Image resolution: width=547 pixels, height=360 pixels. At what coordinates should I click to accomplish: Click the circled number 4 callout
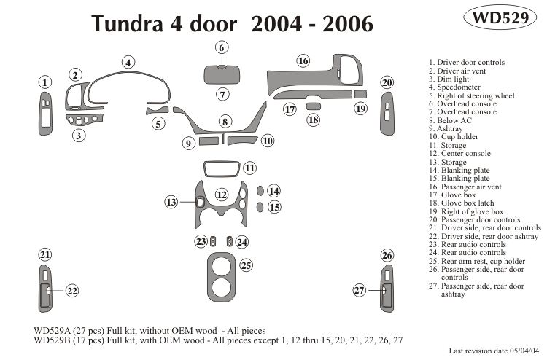[128, 62]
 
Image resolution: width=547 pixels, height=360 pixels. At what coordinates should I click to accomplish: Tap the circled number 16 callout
[303, 60]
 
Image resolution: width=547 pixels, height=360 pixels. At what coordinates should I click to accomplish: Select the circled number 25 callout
[247, 265]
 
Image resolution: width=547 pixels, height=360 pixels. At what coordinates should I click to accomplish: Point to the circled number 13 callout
[171, 201]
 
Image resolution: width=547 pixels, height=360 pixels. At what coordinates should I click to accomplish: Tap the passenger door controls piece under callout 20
[386, 114]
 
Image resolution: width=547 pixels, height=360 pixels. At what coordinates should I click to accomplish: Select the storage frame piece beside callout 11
[222, 169]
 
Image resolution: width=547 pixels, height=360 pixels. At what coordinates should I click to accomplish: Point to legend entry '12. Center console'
[459, 154]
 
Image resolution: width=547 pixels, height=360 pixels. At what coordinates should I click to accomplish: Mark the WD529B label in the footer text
[53, 340]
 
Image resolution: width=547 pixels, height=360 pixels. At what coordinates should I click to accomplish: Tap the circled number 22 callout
[71, 291]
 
